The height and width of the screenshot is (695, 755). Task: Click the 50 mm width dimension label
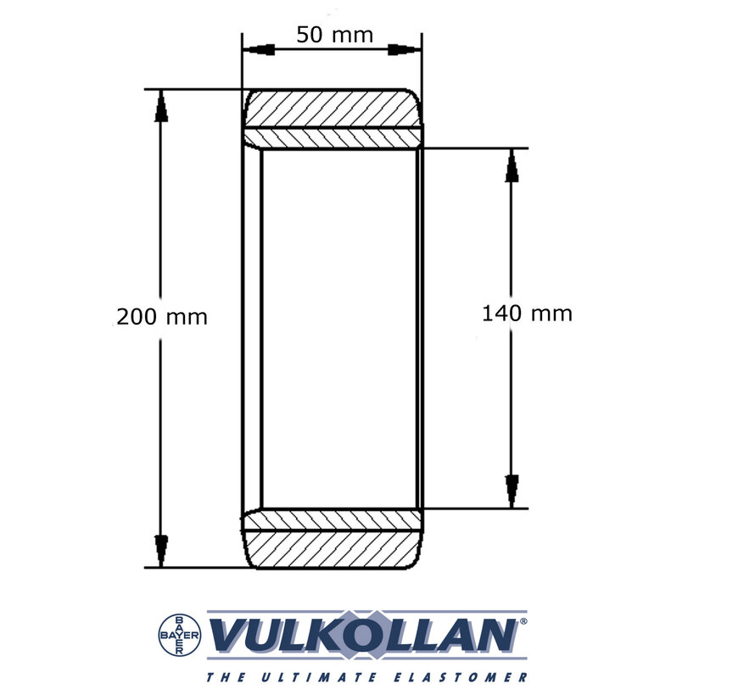tap(334, 35)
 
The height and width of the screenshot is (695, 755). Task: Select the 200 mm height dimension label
tap(162, 317)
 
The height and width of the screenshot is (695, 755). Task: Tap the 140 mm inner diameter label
tap(527, 314)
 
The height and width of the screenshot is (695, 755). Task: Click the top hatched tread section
tap(333, 108)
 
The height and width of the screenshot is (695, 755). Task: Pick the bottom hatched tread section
tap(333, 548)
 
